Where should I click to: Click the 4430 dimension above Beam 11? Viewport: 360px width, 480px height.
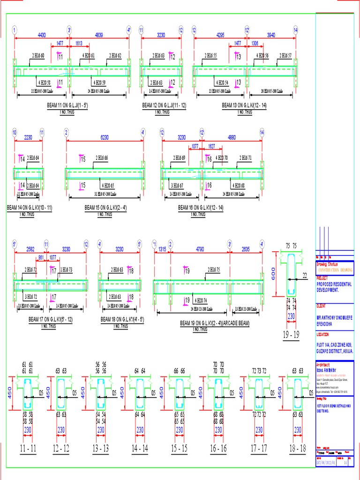coord(42,35)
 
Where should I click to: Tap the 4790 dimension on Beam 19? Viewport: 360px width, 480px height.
coord(200,249)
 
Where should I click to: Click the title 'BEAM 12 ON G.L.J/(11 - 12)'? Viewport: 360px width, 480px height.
coord(164,106)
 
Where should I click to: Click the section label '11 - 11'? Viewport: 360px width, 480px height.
coord(28,449)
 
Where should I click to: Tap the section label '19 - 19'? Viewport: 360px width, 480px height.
coord(291,335)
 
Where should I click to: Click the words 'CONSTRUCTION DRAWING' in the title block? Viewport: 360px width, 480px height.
coord(335,270)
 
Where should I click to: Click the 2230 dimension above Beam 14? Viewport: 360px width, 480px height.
coord(28,138)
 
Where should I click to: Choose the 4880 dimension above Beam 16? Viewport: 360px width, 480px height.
coord(232,138)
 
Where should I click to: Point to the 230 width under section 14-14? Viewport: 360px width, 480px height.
coord(140,429)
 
